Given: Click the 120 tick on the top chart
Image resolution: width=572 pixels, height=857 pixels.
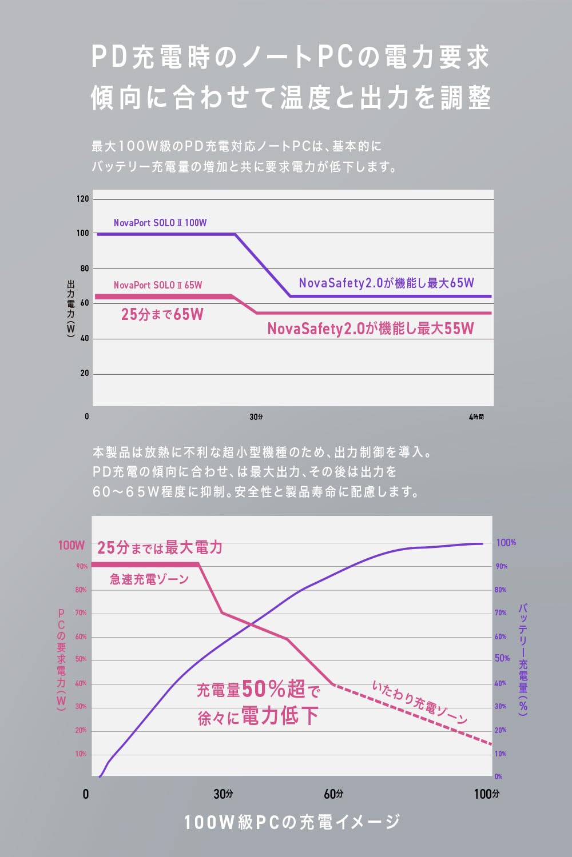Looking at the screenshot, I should (83, 199).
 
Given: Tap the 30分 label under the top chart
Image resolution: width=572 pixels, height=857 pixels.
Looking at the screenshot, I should (256, 417).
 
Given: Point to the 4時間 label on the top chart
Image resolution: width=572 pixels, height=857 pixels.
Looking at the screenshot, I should (476, 417).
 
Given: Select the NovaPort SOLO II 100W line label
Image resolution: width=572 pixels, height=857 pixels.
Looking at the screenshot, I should (160, 223).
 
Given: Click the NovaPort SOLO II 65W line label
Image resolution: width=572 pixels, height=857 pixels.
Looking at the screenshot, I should (158, 285).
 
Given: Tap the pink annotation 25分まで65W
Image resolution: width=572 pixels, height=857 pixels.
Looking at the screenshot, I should (162, 314).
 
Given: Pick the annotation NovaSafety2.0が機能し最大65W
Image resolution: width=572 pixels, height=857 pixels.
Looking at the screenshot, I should (386, 283).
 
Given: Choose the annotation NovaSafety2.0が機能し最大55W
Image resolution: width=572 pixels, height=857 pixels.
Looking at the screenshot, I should (371, 329).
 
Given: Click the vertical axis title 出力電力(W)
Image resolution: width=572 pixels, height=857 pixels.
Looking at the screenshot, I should (70, 309).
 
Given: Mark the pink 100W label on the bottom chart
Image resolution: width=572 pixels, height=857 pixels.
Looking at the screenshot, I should (71, 545).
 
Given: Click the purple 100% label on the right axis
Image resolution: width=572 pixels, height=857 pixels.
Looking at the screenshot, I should (506, 542).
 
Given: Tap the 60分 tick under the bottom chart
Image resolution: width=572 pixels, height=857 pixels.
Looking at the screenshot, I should (333, 794).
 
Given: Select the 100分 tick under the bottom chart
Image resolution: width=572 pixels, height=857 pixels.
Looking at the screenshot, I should (486, 794).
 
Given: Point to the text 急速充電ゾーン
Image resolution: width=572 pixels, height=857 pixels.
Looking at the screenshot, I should (149, 579).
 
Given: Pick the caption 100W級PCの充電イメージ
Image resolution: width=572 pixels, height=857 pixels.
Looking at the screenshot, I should (292, 822).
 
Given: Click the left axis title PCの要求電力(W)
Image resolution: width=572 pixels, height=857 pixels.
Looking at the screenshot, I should (61, 659).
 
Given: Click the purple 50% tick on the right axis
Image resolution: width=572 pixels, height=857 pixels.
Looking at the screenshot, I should (502, 658).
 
